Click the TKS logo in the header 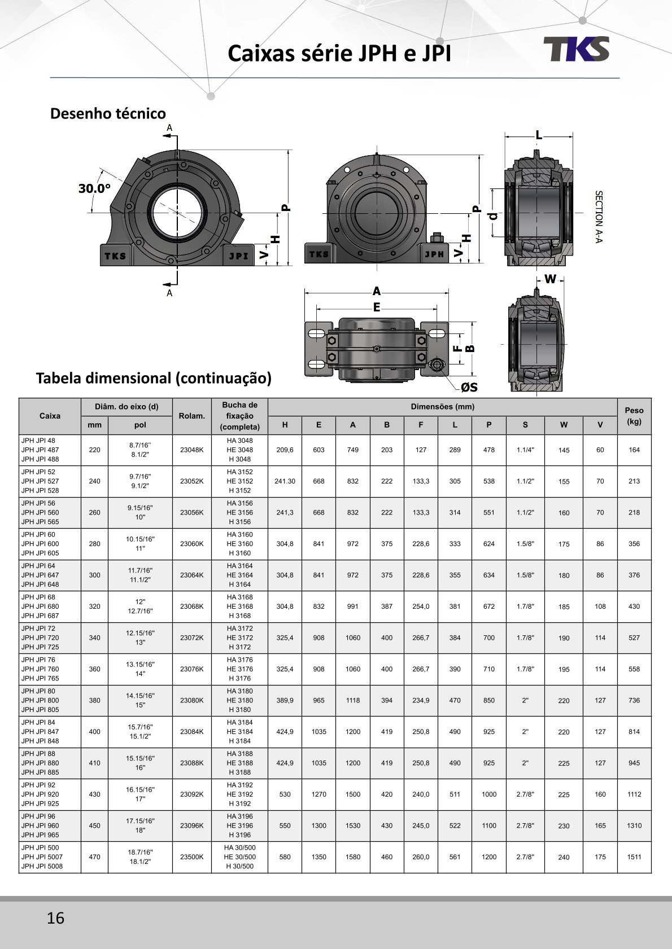pyautogui.click(x=577, y=49)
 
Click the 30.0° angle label pyautogui.click(x=94, y=188)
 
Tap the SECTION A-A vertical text pyautogui.click(x=599, y=217)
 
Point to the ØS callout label pyautogui.click(x=469, y=387)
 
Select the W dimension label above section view pyautogui.click(x=550, y=279)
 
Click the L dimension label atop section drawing pyautogui.click(x=539, y=135)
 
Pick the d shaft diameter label pyautogui.click(x=494, y=216)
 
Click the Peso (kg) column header pyautogui.click(x=634, y=416)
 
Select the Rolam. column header pyautogui.click(x=191, y=416)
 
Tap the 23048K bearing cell pyautogui.click(x=191, y=450)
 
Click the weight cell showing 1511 pyautogui.click(x=634, y=857)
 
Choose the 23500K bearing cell pyautogui.click(x=191, y=857)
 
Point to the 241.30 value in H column pyautogui.click(x=285, y=481)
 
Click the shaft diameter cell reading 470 pyautogui.click(x=94, y=857)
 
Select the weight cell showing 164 pyautogui.click(x=634, y=450)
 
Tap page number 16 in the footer pyautogui.click(x=55, y=918)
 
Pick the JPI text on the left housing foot pyautogui.click(x=238, y=256)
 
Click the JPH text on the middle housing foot pyautogui.click(x=434, y=254)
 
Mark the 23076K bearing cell pyautogui.click(x=191, y=669)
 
